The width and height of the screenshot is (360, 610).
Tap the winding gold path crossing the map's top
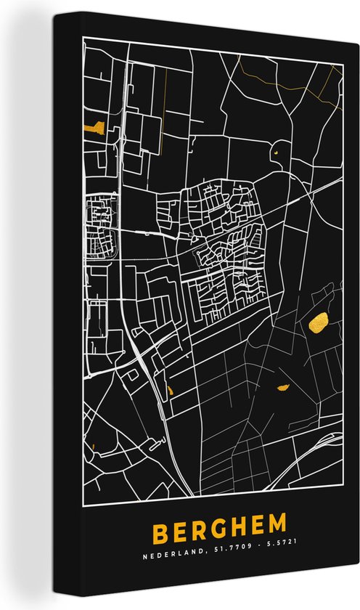coord(290,80)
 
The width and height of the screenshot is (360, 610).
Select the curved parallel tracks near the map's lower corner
coord(319,440)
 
